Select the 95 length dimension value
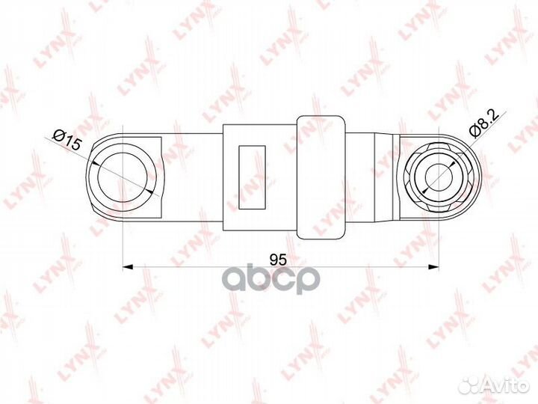[278, 260]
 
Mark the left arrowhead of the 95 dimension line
[126, 266]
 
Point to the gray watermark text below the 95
[278, 279]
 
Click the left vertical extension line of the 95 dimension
[120, 239]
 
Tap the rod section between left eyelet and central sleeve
[191, 177]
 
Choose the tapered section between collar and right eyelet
[374, 177]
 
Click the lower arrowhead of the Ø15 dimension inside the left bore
[150, 190]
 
